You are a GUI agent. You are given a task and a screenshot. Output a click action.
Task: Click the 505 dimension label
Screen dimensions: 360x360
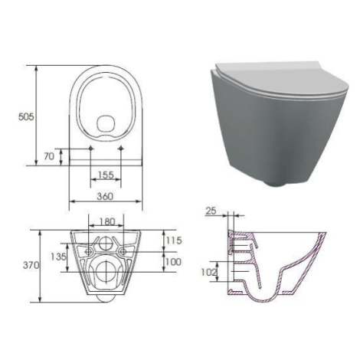[26, 116]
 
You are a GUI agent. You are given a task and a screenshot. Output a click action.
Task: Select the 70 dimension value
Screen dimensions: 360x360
[49, 156]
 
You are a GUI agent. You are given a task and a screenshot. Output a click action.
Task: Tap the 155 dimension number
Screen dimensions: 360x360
[106, 175]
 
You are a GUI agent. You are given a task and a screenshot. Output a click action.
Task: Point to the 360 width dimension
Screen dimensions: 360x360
[105, 196]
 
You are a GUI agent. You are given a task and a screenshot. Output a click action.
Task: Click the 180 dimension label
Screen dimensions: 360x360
[107, 221]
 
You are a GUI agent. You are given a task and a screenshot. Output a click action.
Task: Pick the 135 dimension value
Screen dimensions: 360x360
[58, 257]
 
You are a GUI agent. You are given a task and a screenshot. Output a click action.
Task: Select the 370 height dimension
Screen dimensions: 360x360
[31, 265]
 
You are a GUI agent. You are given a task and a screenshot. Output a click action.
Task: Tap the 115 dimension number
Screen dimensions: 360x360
[174, 241]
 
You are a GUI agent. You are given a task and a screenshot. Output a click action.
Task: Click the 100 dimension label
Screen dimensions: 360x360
[174, 262]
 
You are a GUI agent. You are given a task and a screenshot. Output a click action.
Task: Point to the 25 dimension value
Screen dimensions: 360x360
[211, 211]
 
